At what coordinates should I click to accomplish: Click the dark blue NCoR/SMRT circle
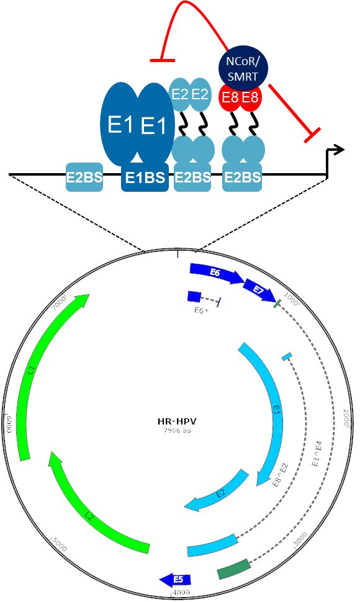[x=243, y=70]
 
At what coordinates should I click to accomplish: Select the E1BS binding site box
[x=145, y=177]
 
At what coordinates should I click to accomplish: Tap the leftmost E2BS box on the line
[x=84, y=177]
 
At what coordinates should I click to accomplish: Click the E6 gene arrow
[x=217, y=273]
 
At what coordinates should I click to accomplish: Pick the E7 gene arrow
[x=259, y=290]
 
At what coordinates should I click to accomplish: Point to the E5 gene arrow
[x=176, y=580]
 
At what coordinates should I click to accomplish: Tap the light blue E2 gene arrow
[x=217, y=492]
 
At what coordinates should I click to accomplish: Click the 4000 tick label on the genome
[x=181, y=592]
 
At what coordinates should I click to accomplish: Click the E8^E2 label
[x=280, y=475]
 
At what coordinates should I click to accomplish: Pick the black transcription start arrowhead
[x=338, y=150]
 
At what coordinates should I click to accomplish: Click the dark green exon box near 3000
[x=234, y=569]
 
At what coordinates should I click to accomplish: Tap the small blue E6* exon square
[x=194, y=297]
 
